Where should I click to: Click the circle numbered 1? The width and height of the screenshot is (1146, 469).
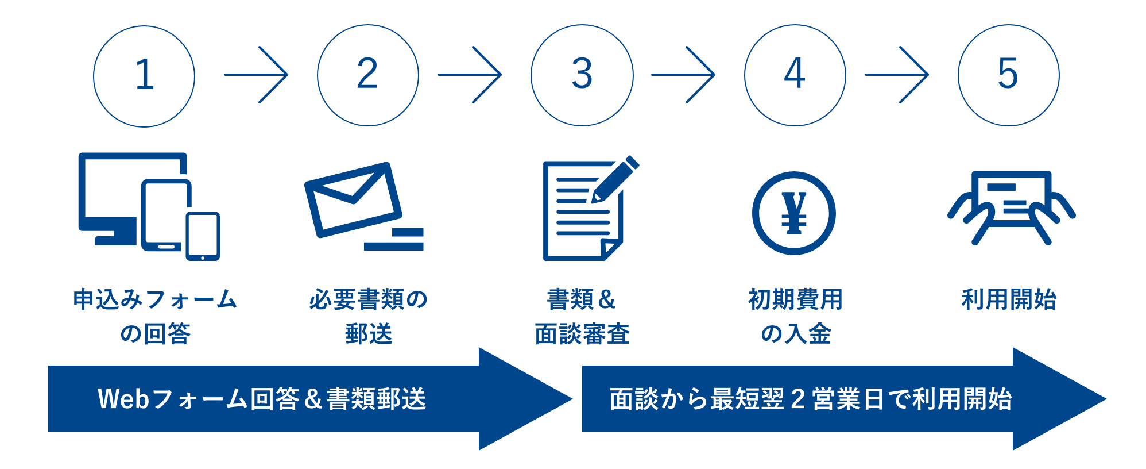point(144,76)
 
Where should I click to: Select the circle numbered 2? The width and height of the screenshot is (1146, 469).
point(367,75)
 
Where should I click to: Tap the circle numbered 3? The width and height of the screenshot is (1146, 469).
point(582,75)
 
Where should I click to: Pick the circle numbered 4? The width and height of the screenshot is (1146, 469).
point(795,75)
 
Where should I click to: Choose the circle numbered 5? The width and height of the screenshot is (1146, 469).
point(1008,75)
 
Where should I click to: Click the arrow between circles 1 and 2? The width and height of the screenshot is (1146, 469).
point(257,75)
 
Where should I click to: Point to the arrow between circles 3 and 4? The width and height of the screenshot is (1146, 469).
point(683,75)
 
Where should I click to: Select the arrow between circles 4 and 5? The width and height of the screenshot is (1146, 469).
point(897,75)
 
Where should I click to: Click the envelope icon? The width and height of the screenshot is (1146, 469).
point(353,199)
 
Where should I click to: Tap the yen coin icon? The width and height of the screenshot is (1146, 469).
point(794,213)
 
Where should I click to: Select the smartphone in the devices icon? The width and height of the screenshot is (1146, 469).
point(203,236)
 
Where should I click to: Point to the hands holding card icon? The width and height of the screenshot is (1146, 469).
point(1011,207)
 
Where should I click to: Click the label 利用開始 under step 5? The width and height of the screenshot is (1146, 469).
point(1009,299)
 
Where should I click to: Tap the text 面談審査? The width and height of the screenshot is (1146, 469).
point(582,334)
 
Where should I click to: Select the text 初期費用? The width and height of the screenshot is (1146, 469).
point(795,299)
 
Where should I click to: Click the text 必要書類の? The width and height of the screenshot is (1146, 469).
point(368,299)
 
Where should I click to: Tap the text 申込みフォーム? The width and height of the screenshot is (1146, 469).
point(155,299)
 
